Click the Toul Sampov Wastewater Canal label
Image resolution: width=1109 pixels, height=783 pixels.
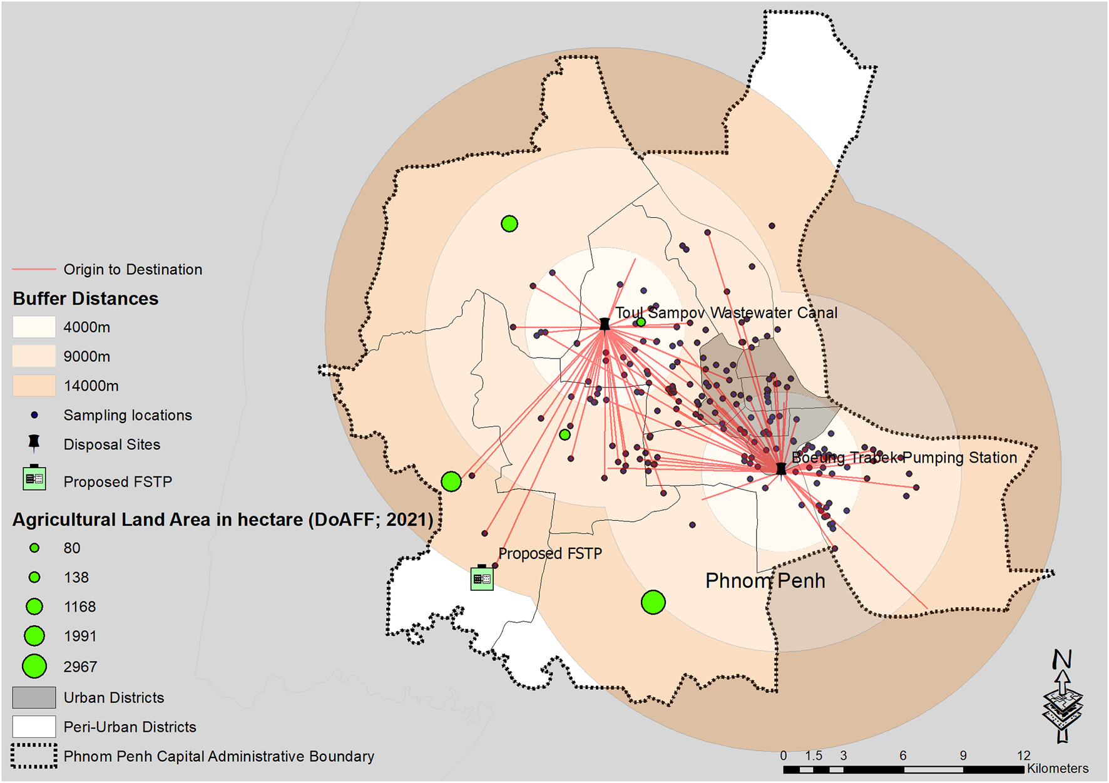pos(726,313)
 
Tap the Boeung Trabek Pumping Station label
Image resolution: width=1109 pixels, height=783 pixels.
pos(904,458)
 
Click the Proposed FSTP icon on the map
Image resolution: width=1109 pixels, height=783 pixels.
pos(482,578)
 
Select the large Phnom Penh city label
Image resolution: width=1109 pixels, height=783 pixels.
pos(765,581)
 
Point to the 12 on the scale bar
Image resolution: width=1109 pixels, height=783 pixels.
pos(1023,755)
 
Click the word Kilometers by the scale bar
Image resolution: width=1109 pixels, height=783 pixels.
pos(1057,769)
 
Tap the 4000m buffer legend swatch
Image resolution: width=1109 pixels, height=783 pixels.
pos(34,327)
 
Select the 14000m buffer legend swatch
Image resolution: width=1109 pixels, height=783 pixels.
pos(34,386)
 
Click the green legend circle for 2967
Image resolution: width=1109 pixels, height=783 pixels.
pos(34,667)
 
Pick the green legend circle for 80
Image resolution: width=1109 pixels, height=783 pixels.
pos(34,548)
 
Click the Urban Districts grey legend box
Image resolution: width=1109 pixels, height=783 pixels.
pos(34,697)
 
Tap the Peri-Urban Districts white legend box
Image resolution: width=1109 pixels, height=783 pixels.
pos(34,727)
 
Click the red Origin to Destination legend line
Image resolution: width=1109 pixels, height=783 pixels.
pos(34,269)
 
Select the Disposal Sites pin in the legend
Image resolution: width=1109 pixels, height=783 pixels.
pos(34,443)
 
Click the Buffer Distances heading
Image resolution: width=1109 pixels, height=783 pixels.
pos(86,299)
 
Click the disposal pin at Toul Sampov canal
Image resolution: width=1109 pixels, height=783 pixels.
pos(605,324)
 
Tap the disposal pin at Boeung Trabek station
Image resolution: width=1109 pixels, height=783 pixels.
pos(780,469)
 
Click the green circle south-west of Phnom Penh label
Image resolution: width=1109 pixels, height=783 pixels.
pos(653,602)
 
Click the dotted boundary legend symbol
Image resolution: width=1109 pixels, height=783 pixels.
pos(34,756)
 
